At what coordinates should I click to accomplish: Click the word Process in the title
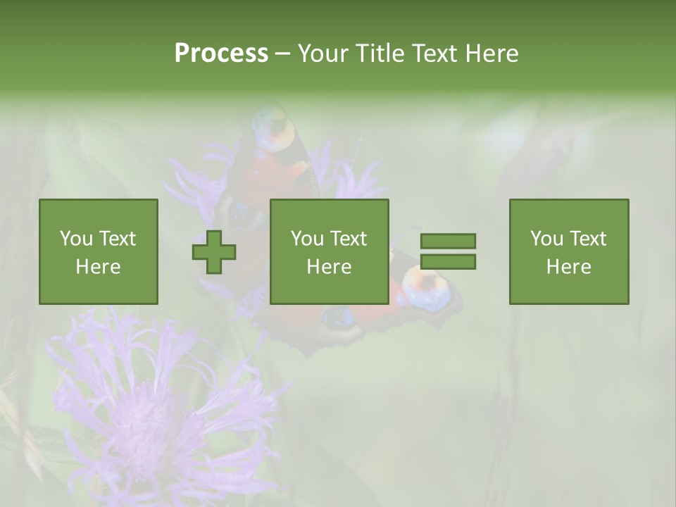click(x=221, y=53)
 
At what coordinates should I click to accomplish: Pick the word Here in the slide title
click(x=492, y=53)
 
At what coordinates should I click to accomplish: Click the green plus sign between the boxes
click(x=214, y=251)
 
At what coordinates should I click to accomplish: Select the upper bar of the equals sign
click(x=448, y=241)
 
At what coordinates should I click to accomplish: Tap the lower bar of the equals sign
click(x=448, y=262)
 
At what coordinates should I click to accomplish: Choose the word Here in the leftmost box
click(x=98, y=267)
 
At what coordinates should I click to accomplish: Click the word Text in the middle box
click(x=349, y=239)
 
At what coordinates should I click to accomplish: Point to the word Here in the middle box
click(x=329, y=267)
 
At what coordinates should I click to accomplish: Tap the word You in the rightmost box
click(x=546, y=239)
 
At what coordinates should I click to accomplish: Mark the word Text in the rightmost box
click(x=588, y=239)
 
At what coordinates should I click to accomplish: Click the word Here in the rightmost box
click(x=568, y=267)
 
